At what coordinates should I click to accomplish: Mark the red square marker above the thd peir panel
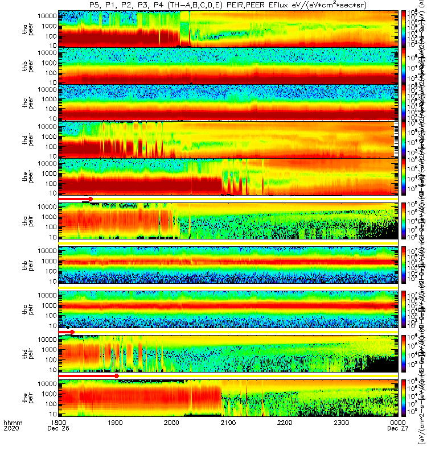tap(72, 348)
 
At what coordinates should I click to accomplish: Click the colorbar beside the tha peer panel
tap(404, 28)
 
